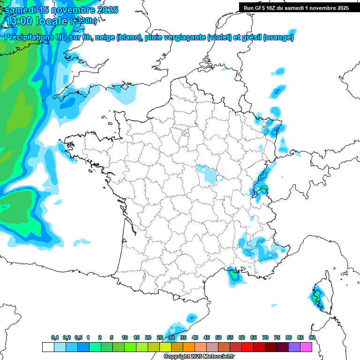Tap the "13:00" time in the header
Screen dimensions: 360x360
tap(20, 21)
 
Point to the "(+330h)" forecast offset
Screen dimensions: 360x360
tap(83, 21)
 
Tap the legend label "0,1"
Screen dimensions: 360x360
tap(54, 338)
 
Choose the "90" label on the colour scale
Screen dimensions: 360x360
tap(312, 338)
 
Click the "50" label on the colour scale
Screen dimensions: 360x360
tap(218, 338)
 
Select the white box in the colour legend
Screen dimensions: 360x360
tap(48, 347)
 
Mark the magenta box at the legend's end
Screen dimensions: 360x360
tap(306, 347)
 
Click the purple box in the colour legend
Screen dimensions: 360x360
tap(294, 347)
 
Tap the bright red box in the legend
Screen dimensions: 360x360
tap(247, 347)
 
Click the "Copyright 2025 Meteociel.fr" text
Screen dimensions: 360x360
tap(199, 357)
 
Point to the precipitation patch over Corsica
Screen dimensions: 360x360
tap(317, 296)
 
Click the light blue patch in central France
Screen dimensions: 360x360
tap(207, 173)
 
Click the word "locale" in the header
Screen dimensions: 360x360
tap(52, 21)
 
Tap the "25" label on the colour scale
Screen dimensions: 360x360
tap(160, 338)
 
